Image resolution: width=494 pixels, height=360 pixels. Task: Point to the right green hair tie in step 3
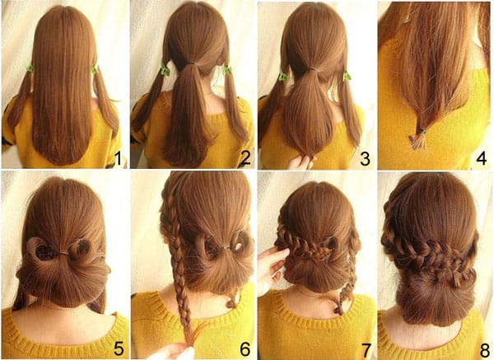347,76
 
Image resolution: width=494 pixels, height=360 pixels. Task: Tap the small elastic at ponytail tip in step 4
420,131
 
